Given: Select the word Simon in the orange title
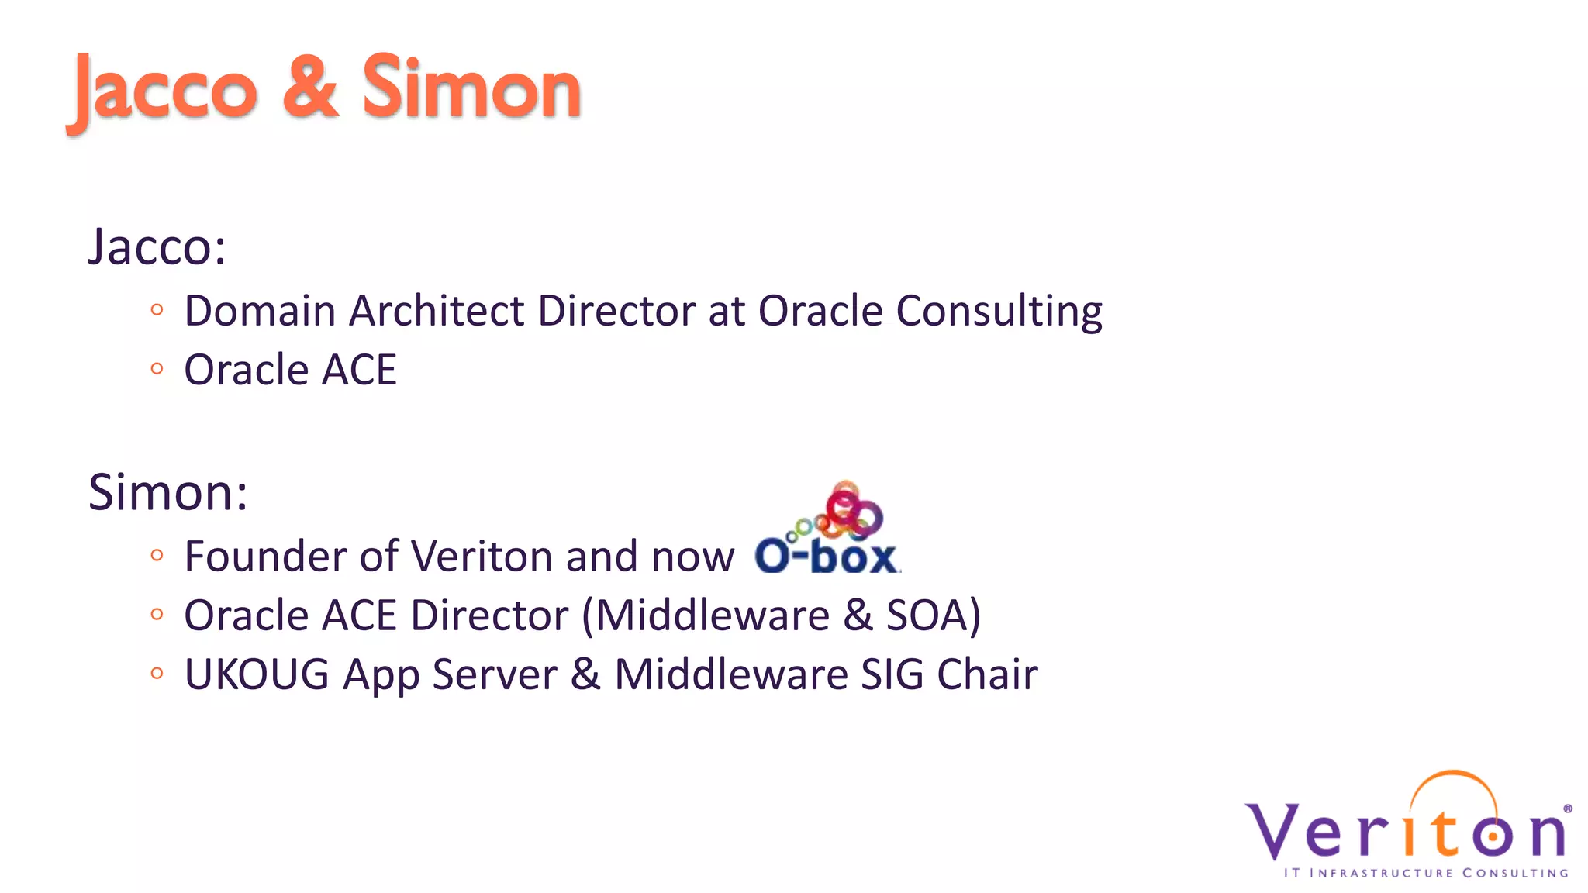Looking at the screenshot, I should point(471,87).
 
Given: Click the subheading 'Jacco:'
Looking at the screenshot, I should point(157,247).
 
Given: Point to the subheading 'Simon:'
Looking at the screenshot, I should point(168,492).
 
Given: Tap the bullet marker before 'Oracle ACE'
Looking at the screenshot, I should point(157,369).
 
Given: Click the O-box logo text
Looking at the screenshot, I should point(826,557).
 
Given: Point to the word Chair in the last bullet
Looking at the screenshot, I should point(987,674).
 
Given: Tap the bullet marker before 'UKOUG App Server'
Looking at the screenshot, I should point(157,674).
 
